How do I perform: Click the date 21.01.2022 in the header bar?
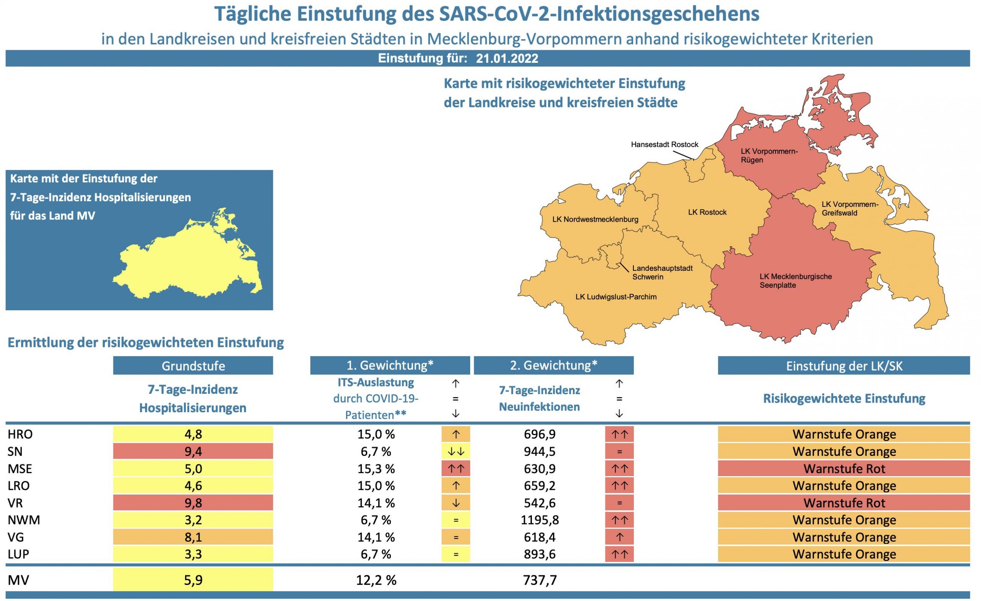coord(507,59)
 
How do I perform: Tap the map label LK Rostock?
coord(707,212)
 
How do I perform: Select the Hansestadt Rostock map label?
coord(664,144)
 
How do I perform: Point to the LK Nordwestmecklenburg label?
coord(595,219)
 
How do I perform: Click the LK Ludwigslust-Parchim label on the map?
coord(615,296)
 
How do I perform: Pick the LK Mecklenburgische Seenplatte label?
coord(795,281)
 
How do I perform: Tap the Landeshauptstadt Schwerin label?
coord(662,273)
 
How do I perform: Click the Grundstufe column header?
coord(193,366)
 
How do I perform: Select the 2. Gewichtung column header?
coord(553,365)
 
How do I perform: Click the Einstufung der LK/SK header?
coord(844,366)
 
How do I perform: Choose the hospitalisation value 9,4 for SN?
coord(193,451)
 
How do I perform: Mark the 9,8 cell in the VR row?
coord(193,503)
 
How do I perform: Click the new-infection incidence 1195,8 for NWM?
coord(540,520)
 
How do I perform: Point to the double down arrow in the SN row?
coord(456,451)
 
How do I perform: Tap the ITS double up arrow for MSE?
coord(456,469)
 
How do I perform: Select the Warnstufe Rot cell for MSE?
coord(844,469)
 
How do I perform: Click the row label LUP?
coord(18,554)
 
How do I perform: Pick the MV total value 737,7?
coord(540,580)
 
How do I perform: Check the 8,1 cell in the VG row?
coord(193,537)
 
